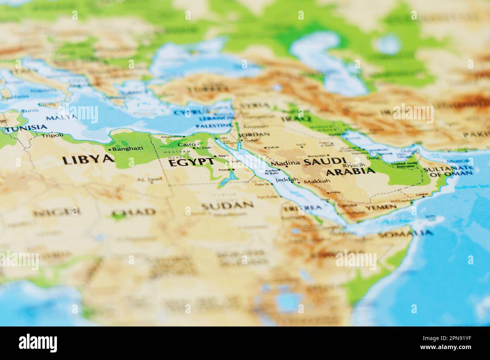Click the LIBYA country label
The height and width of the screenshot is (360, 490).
point(88,160)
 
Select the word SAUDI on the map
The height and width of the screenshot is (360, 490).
point(325,162)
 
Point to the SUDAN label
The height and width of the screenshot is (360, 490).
point(227,205)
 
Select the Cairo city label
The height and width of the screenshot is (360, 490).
point(187,145)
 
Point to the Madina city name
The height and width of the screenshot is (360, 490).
point(285,163)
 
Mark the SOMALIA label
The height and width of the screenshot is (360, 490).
point(405,234)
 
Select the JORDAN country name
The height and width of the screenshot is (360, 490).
point(254,134)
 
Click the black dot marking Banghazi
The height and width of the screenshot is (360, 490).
point(110,150)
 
